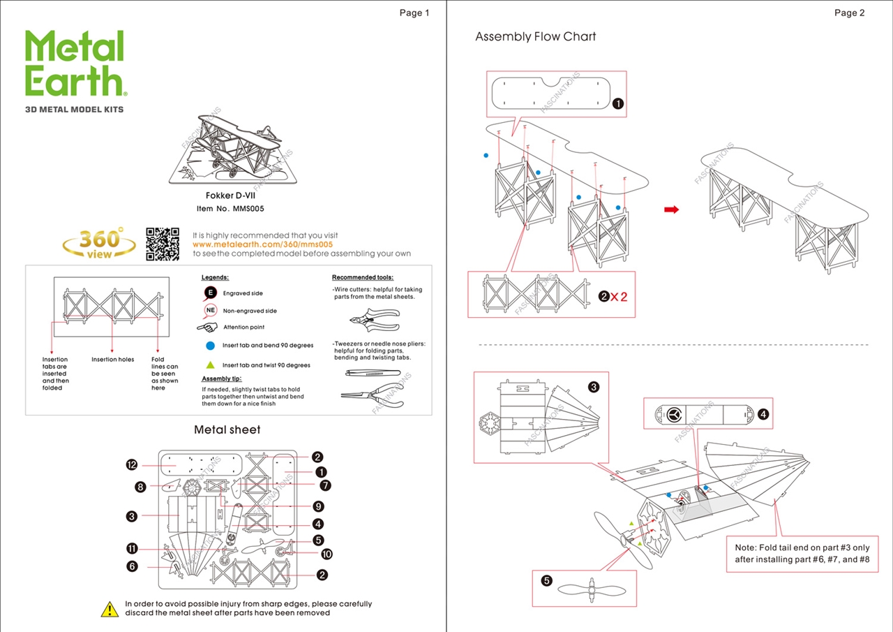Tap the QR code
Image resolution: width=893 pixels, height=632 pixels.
pos(163,244)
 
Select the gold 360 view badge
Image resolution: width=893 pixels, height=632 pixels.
pos(100,243)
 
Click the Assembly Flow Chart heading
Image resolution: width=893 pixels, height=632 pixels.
pos(535,37)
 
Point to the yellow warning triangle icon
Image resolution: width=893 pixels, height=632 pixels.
pos(110,609)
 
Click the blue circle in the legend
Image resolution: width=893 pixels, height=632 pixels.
pos(210,345)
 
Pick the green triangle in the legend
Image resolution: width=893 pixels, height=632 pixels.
pos(210,365)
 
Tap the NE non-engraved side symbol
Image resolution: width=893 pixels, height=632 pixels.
pos(210,311)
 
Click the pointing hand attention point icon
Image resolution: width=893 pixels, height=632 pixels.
pos(207,327)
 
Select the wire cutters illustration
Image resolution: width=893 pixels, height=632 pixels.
pos(374,321)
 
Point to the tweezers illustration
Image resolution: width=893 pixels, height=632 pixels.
pos(373,374)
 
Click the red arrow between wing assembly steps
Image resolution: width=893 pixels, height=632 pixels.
pos(671,209)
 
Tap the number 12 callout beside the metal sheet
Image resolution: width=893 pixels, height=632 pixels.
pos(132,465)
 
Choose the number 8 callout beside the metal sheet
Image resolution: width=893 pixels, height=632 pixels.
pos(141,487)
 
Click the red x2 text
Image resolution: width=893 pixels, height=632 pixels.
pos(619,297)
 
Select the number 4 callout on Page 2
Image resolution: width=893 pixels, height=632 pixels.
pos(763,414)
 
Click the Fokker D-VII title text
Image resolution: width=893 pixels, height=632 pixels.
pos(230,196)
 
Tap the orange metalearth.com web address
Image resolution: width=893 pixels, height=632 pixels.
pos(262,244)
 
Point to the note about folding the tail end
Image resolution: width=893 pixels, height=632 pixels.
pos(802,553)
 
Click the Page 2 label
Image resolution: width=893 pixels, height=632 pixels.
pos(849,13)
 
